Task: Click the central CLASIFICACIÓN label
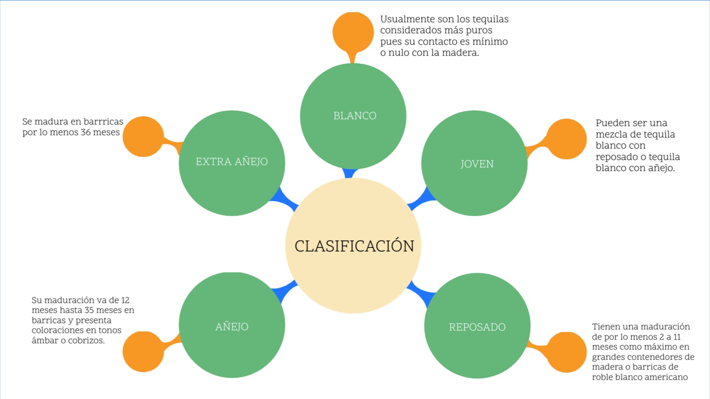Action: coord(354,246)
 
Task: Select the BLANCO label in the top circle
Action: coord(355,116)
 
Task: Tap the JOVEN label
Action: coord(476,164)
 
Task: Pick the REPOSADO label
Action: coord(477,327)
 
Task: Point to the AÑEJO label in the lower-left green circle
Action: coord(232,326)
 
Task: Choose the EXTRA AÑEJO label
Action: coord(232,162)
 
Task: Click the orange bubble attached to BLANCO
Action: coord(353,32)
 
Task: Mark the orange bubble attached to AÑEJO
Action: coord(143,351)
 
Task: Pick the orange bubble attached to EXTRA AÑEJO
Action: coord(143,136)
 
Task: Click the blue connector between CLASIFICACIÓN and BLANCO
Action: coord(350,173)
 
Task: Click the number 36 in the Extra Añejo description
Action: coord(86,132)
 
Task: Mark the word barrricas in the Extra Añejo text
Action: coord(103,121)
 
